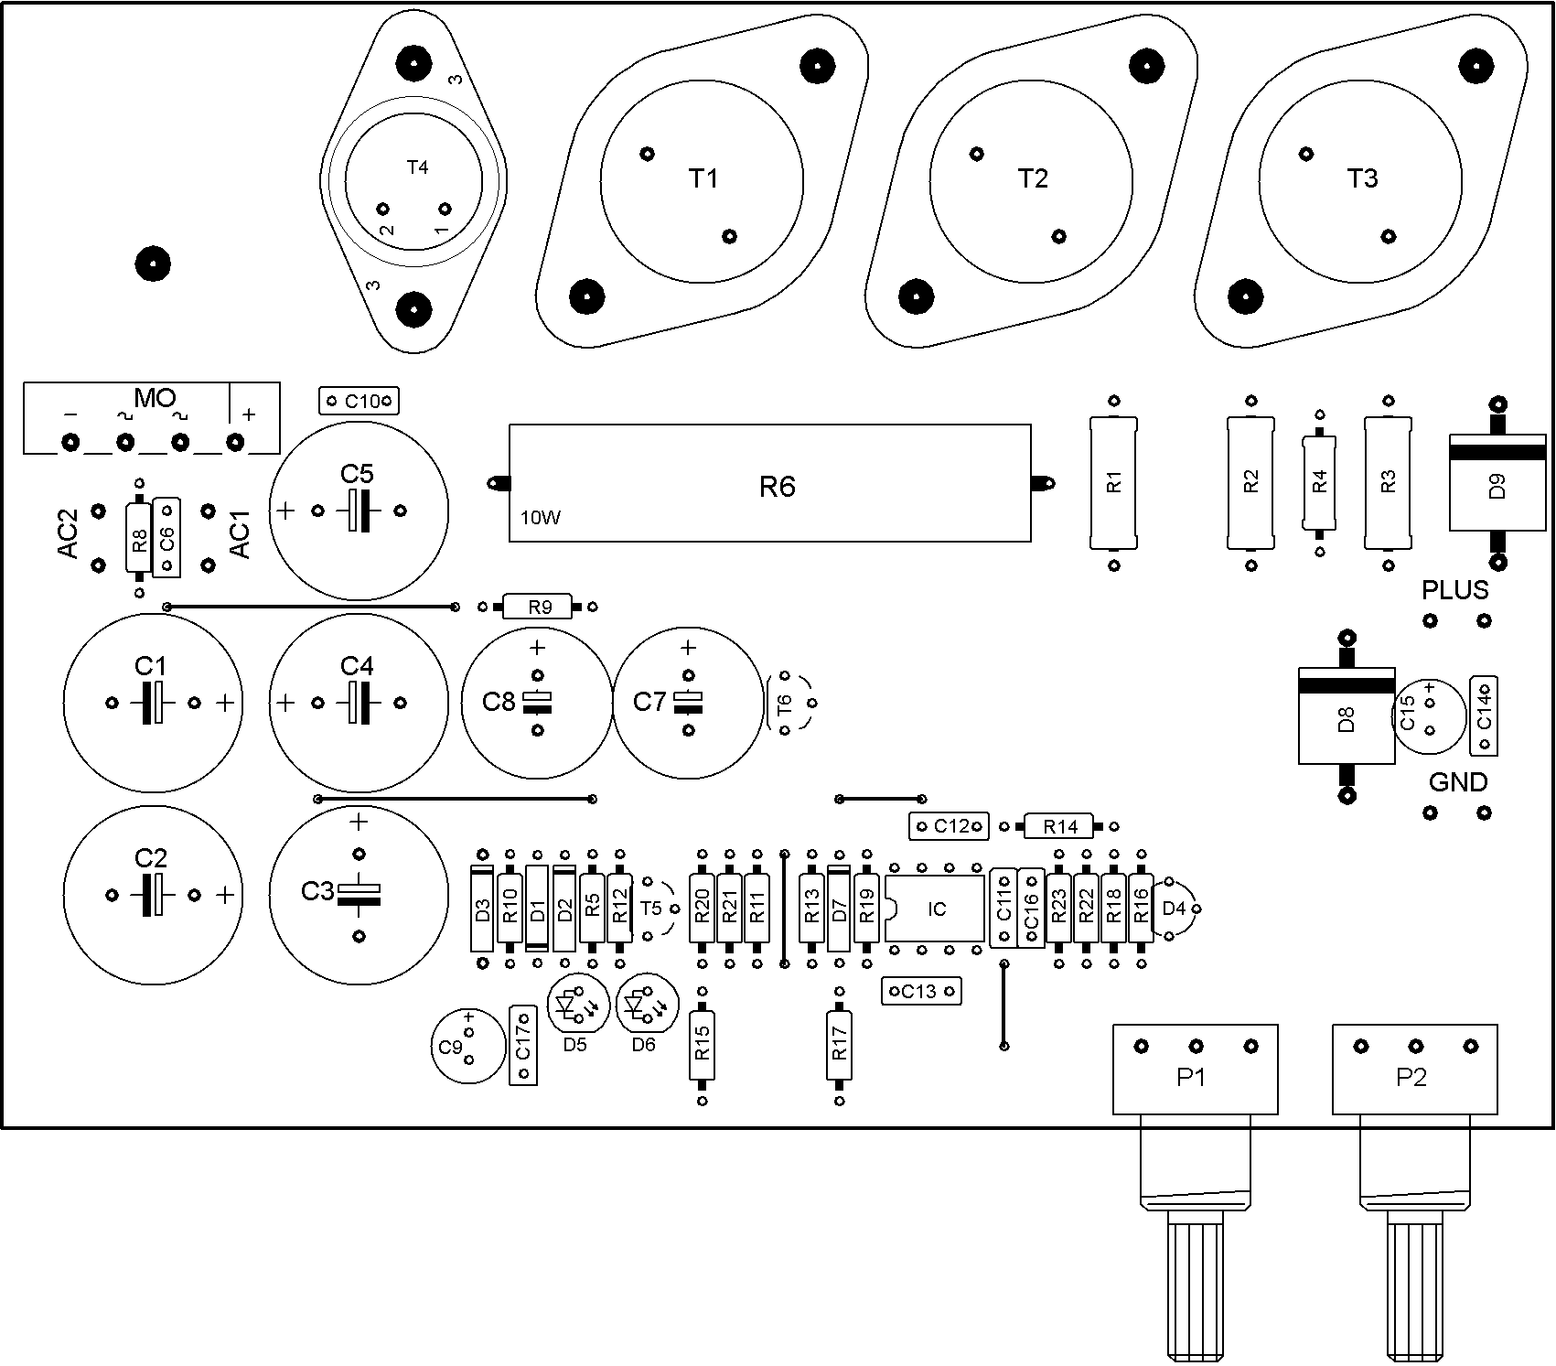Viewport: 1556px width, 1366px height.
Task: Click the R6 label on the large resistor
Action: tap(778, 487)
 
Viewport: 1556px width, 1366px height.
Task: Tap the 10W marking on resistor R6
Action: tap(541, 518)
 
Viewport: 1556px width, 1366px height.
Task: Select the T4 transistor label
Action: tap(417, 167)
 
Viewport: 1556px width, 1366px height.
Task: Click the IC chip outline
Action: tap(935, 909)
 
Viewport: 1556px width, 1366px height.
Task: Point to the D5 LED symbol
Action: tap(574, 1006)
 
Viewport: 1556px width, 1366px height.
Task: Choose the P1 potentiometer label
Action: tap(1191, 1078)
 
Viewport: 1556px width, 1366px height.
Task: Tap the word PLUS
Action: tap(1455, 590)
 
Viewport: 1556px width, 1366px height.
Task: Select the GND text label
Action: tap(1458, 782)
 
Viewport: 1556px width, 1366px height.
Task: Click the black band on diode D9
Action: tap(1497, 453)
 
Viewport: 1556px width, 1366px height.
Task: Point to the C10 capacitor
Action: tap(359, 401)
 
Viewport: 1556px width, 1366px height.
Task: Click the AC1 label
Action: tap(240, 534)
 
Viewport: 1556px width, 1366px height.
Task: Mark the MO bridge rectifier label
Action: tap(155, 398)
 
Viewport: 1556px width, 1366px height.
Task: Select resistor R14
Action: tap(1060, 826)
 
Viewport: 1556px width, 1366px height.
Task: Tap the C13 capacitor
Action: tap(921, 991)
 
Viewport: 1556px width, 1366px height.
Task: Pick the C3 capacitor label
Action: tap(317, 890)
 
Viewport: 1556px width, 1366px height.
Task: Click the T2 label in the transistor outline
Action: tap(1033, 178)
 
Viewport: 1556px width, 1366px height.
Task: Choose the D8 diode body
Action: tap(1347, 715)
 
